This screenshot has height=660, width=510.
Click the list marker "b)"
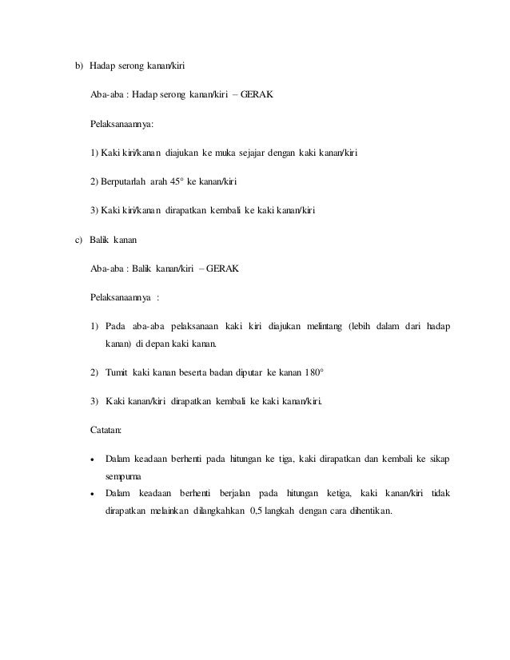(79, 64)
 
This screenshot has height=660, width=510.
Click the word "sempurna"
(123, 474)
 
